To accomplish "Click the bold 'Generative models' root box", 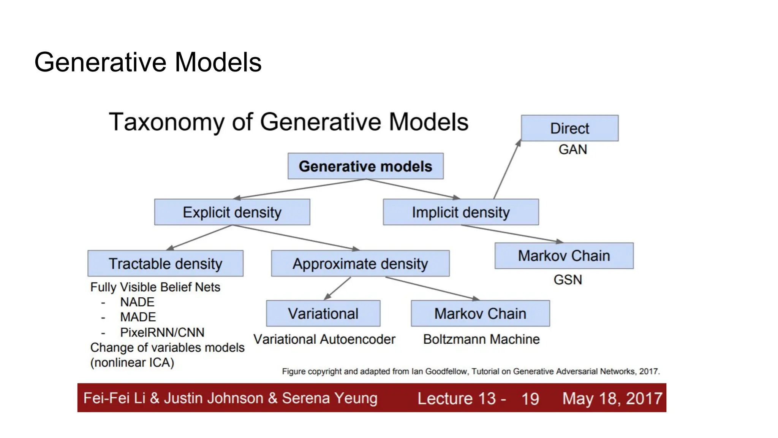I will coord(365,166).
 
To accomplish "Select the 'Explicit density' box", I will coord(232,212).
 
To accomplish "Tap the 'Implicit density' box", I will coord(461,212).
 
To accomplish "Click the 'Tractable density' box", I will coord(165,263).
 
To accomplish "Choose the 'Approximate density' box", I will coord(360,263).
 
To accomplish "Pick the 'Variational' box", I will coord(323,314).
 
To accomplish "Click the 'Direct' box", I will coord(569,129).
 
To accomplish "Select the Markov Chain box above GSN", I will coord(564,256).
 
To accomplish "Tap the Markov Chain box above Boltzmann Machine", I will coord(480,314).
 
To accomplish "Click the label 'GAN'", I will coord(572,149).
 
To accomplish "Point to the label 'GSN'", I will coord(568,280).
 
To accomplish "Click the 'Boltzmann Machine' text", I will coord(481,339).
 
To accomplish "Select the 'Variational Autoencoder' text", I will coord(324,339).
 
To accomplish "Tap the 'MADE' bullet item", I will coord(138,317).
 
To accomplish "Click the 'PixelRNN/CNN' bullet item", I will coord(162,332).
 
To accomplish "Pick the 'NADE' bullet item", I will coord(137,302).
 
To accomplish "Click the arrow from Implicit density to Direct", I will coord(507,170).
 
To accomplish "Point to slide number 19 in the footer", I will coord(530,399).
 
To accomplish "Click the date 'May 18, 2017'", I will coord(612,398).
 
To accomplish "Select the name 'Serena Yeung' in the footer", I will coord(329,398).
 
